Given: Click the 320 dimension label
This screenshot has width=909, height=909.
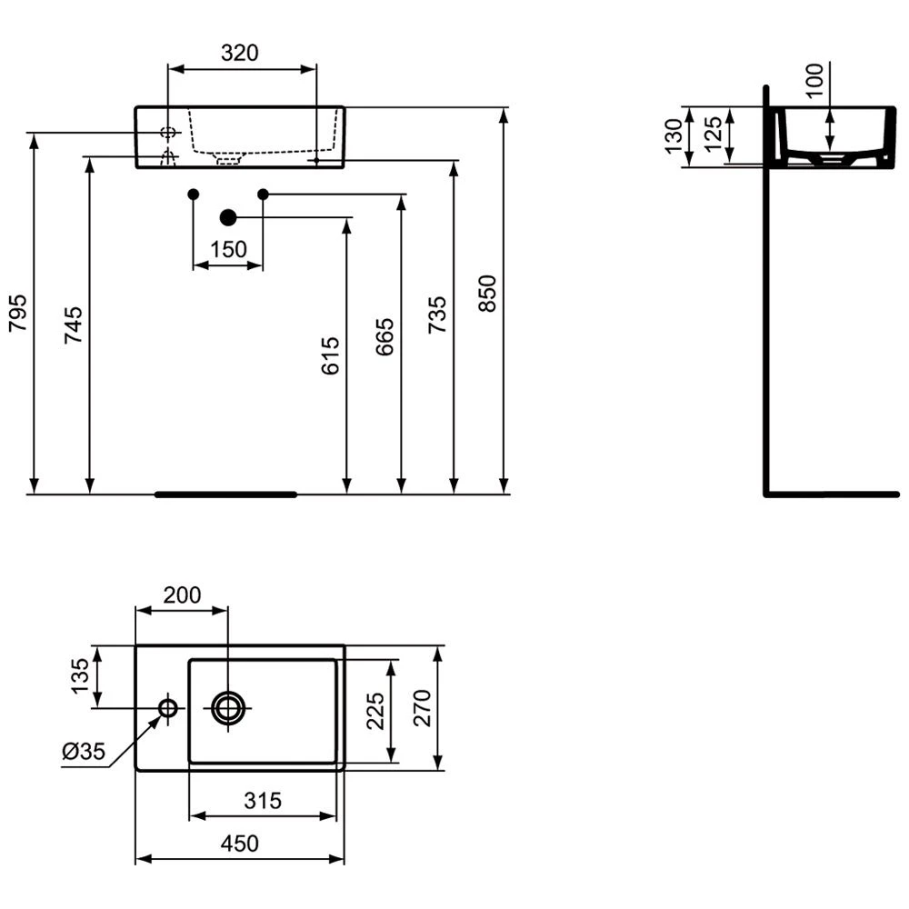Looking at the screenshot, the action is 239,53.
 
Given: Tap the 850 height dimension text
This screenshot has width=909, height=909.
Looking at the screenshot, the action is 487,294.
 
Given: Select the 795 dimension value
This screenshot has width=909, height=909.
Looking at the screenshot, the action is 18,313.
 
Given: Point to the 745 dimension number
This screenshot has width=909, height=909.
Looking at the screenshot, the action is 74,325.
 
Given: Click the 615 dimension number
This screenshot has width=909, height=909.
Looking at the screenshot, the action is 331,355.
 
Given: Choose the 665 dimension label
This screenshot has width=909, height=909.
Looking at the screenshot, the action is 385,337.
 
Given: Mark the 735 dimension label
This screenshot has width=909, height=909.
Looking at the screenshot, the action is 438,315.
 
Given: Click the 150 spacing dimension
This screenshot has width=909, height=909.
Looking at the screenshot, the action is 228,250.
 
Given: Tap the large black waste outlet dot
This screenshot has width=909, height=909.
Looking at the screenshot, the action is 228,217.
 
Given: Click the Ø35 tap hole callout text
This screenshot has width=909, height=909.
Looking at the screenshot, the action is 84,752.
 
